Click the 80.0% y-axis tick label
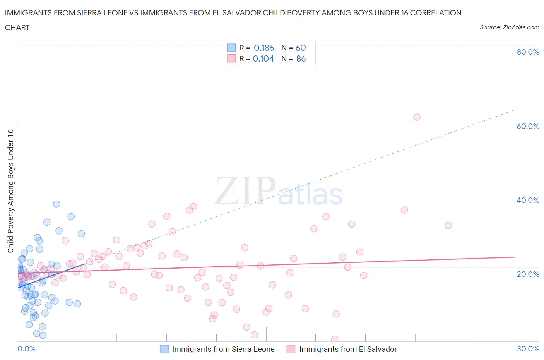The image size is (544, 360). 528,52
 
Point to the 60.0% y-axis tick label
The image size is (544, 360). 528,126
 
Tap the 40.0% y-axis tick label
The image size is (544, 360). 528,200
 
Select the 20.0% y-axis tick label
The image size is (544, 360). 528,274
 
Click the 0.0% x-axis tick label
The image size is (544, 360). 26,349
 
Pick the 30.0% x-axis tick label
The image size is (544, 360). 528,349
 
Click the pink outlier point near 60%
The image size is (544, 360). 417,117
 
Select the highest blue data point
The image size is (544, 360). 56,204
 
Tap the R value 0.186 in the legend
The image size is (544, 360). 264,48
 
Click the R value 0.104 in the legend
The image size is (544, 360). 263,58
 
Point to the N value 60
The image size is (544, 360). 301,48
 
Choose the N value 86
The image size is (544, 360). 301,58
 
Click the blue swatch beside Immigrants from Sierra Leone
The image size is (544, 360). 164,349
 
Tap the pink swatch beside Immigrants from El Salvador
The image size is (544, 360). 291,349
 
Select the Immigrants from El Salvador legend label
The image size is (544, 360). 348,349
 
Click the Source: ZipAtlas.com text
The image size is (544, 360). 509,27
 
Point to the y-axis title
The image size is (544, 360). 11,191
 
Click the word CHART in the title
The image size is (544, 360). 17,27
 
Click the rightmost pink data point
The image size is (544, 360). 448,225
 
